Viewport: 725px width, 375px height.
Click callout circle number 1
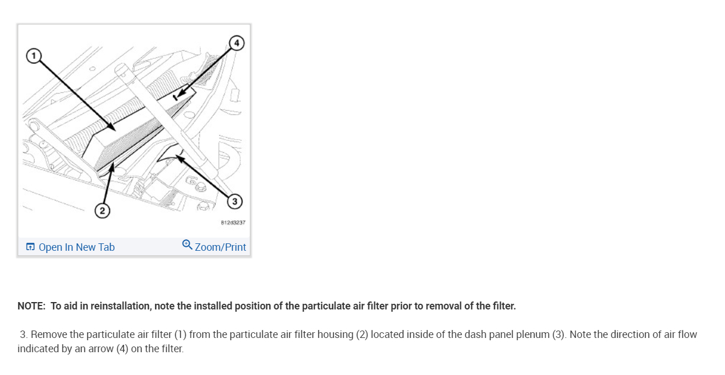pos(34,56)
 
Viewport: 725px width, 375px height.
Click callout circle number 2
pos(102,211)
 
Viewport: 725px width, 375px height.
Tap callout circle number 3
pos(234,201)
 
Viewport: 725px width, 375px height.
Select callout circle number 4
pos(236,43)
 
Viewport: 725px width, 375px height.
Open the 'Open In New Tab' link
pos(76,247)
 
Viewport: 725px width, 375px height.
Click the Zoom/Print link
pos(220,247)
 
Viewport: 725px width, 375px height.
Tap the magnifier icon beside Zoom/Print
pos(187,245)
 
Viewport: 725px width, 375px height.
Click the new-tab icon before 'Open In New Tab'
pos(30,247)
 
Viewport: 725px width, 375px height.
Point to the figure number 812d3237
pos(233,222)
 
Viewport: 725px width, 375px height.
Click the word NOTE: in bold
pos(31,306)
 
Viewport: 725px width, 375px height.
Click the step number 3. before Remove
pos(23,335)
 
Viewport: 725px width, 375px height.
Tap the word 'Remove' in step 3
pos(48,335)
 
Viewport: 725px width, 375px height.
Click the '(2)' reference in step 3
pos(362,335)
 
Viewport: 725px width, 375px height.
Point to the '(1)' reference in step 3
pos(180,335)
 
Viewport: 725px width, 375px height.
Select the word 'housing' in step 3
pos(337,335)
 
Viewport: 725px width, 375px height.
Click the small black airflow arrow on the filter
pos(176,97)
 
